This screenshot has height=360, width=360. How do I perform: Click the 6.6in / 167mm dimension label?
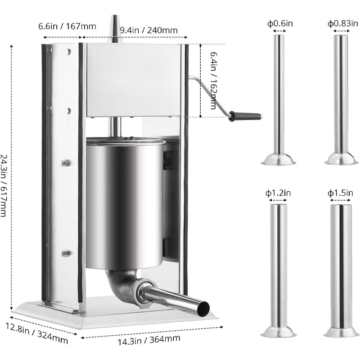[x=60, y=27]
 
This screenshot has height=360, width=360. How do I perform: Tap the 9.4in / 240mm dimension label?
[x=148, y=30]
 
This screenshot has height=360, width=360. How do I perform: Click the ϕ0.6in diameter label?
[x=279, y=23]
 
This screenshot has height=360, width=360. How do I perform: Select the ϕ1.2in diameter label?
[x=278, y=193]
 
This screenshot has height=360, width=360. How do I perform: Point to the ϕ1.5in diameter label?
[x=340, y=193]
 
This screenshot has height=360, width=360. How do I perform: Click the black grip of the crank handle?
[x=245, y=116]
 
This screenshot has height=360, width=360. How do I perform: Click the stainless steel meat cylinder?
[x=124, y=202]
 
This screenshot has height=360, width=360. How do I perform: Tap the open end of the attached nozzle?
[x=203, y=308]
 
